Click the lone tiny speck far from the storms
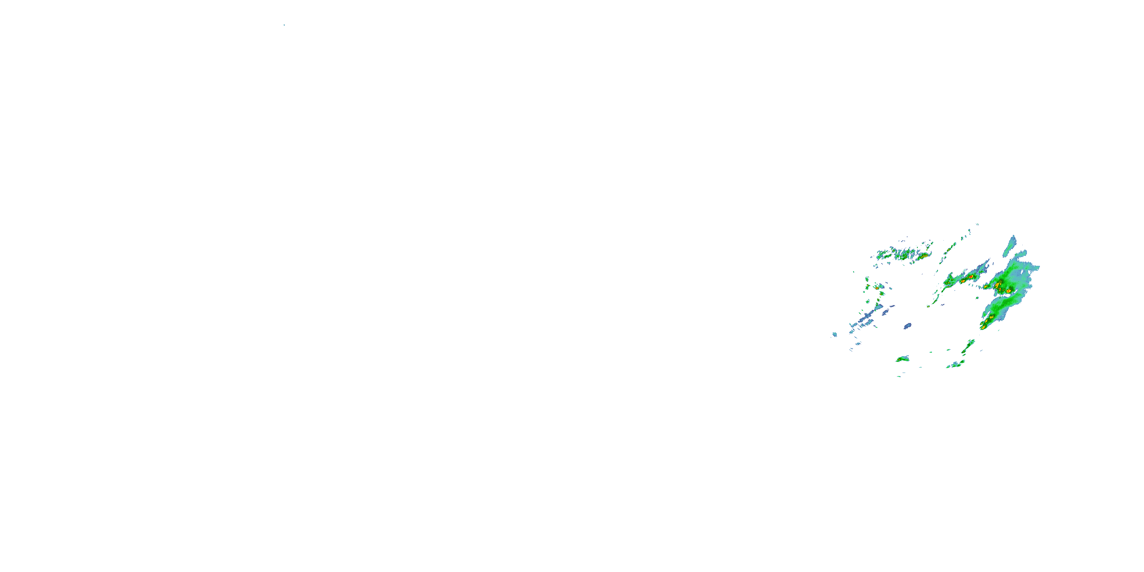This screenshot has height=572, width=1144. click(284, 25)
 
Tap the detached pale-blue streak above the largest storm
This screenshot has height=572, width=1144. click(1010, 246)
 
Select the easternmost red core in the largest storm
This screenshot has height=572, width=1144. click(1009, 291)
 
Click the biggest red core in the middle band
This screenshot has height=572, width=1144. click(971, 277)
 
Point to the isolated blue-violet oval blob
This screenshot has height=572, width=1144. click(908, 326)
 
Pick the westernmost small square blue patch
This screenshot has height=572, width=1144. click(835, 334)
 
